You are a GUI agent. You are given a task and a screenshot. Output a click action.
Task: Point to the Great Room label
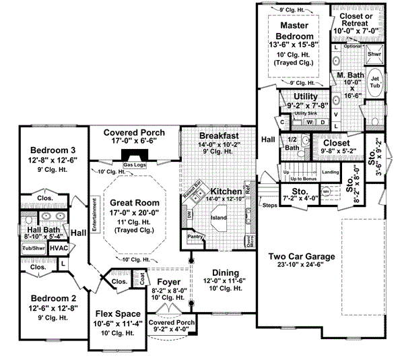[135, 202]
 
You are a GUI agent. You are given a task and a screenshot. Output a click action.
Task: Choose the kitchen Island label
[217, 218]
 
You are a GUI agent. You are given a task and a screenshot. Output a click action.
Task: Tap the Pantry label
[195, 237]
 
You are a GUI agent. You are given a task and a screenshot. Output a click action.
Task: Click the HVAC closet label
[61, 249]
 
